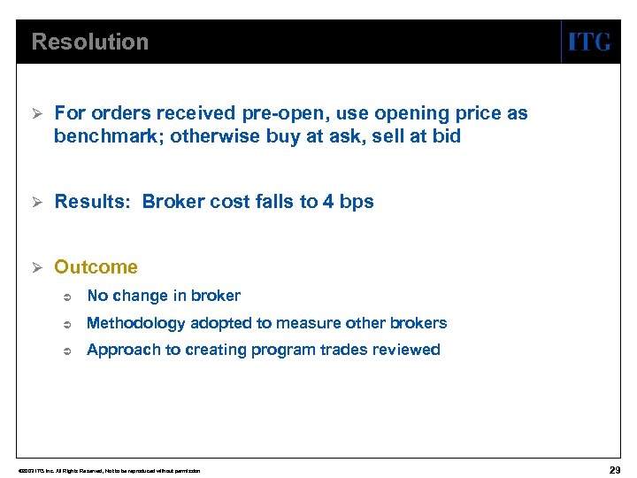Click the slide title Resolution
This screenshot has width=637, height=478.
tap(89, 42)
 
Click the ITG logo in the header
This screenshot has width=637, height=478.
tap(588, 42)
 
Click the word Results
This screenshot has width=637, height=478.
tap(92, 202)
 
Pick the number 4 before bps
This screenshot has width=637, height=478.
tap(328, 202)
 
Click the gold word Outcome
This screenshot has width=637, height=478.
tap(96, 267)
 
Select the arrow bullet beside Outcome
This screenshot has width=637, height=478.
tap(37, 267)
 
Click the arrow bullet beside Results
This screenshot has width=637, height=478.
tap(37, 202)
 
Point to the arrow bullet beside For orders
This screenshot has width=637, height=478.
tap(37, 113)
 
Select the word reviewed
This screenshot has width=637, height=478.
tap(406, 350)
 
